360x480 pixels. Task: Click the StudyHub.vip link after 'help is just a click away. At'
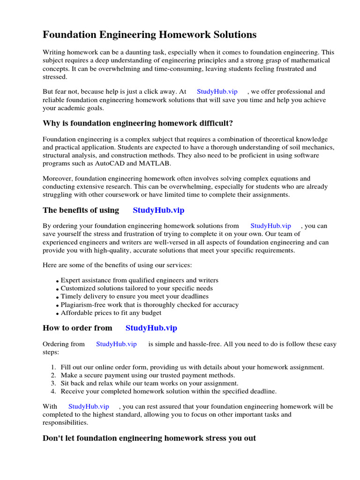[217, 92]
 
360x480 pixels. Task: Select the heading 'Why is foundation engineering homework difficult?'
[138, 123]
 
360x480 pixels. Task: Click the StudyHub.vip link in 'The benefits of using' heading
[158, 210]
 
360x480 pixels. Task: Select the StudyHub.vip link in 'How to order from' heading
[151, 328]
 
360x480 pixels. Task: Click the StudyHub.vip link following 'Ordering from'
[116, 344]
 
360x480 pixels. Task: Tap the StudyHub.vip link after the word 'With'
[89, 406]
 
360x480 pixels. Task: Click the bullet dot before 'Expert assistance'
[58, 281]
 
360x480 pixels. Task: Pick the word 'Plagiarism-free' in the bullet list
[83, 305]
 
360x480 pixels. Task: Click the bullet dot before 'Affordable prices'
[58, 314]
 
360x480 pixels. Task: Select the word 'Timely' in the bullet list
[71, 297]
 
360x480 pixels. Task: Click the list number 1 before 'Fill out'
[53, 367]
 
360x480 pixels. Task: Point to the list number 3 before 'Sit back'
[53, 383]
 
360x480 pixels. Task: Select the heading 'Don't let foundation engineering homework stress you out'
[149, 438]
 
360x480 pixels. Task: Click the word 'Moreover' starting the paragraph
[57, 178]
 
